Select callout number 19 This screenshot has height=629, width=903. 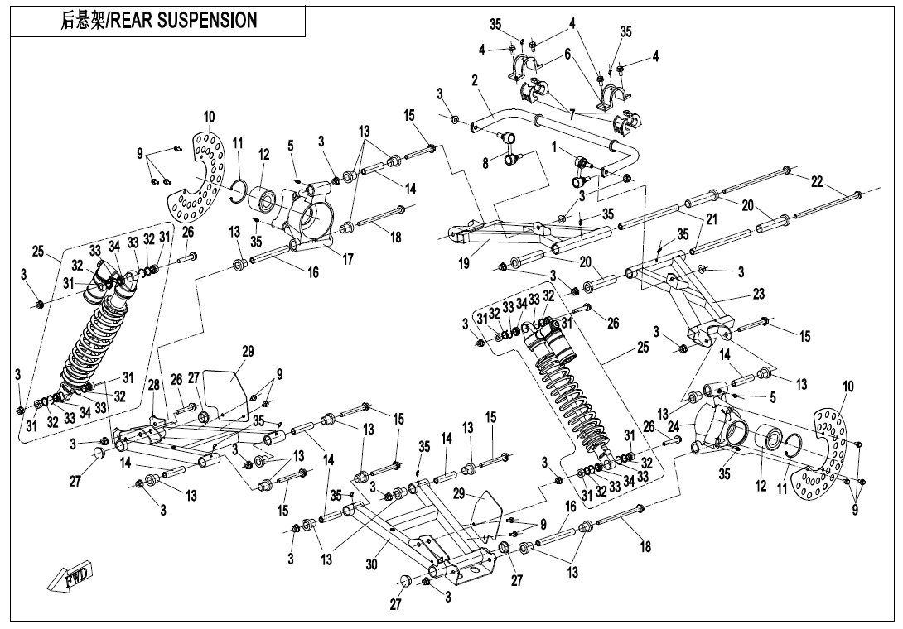[464, 263]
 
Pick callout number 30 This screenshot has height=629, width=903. [371, 565]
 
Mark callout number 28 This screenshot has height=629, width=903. [153, 386]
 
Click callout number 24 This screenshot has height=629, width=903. [674, 427]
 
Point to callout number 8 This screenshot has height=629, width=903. [485, 164]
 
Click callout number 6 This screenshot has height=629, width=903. [567, 54]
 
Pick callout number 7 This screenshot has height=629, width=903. [572, 113]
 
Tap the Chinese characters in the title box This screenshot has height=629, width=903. [85, 21]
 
